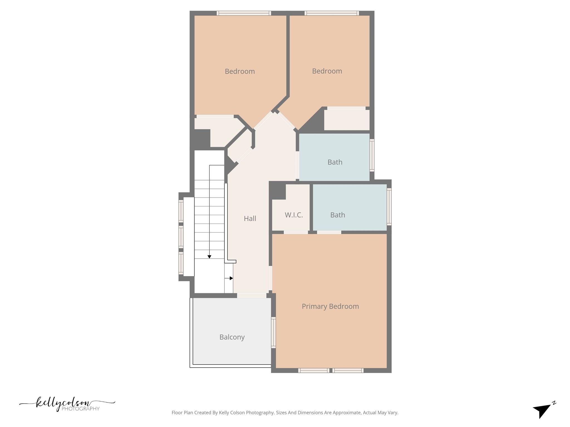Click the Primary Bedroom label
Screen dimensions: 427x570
[330, 306]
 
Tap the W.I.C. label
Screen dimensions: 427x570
[294, 215]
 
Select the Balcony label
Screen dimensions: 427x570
[232, 337]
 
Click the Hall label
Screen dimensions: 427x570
[250, 219]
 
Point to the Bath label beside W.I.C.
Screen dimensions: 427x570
[338, 215]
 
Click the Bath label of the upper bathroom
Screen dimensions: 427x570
[335, 162]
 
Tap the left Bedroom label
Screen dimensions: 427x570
[240, 71]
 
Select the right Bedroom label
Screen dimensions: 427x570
[327, 71]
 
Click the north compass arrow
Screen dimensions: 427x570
[543, 411]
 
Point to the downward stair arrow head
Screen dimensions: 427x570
[209, 257]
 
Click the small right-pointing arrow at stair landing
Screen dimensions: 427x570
[231, 278]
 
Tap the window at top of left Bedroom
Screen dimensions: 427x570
[244, 13]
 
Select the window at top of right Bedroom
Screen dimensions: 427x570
[331, 13]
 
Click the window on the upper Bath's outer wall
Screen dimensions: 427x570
[372, 155]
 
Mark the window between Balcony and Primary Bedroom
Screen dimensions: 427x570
[273, 332]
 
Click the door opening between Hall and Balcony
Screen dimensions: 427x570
[252, 296]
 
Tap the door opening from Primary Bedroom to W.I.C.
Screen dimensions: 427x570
[296, 232]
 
